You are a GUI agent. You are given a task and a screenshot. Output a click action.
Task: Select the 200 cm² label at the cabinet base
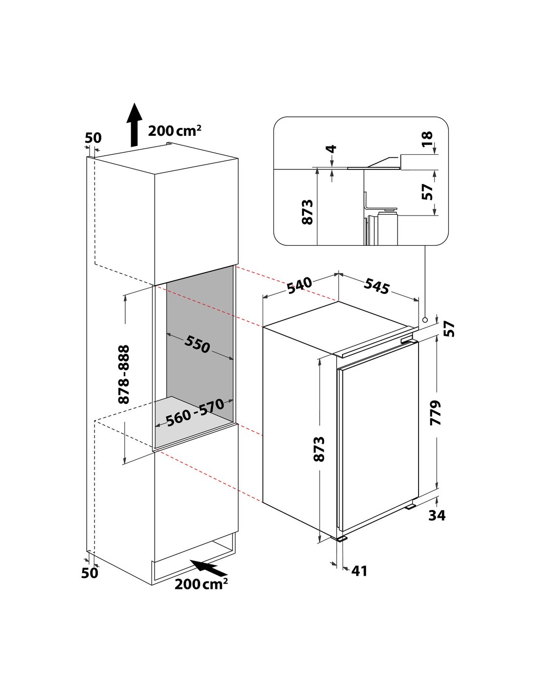point(201,583)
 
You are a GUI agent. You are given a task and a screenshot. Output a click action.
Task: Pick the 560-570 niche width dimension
point(195,412)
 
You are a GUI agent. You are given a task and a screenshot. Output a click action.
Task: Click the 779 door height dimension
point(436,413)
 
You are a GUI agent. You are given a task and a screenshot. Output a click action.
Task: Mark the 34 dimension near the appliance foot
point(437,515)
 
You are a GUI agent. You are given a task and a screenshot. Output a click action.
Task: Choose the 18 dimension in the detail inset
point(427,139)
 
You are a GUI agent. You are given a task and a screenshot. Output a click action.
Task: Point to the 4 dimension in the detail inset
point(333,149)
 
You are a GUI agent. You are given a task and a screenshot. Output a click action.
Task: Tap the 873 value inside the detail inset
point(307,212)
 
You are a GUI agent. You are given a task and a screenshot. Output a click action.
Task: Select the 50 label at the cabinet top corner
point(93,138)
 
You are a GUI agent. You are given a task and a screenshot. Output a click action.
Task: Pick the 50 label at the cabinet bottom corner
point(90,573)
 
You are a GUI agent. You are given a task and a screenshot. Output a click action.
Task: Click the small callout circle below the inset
point(425,320)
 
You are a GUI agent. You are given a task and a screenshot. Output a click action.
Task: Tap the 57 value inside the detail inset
point(427,192)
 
